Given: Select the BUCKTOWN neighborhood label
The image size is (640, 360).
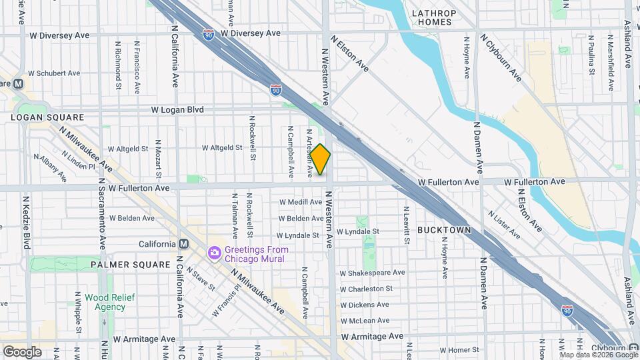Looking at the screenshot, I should [444, 229].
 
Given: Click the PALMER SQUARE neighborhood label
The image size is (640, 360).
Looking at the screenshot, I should [131, 265].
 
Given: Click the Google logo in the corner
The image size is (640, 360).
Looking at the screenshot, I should [22, 351].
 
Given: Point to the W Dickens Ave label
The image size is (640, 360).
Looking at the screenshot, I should [365, 305].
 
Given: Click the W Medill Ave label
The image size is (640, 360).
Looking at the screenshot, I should [301, 202].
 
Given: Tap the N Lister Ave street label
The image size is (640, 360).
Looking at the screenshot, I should [504, 225].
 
